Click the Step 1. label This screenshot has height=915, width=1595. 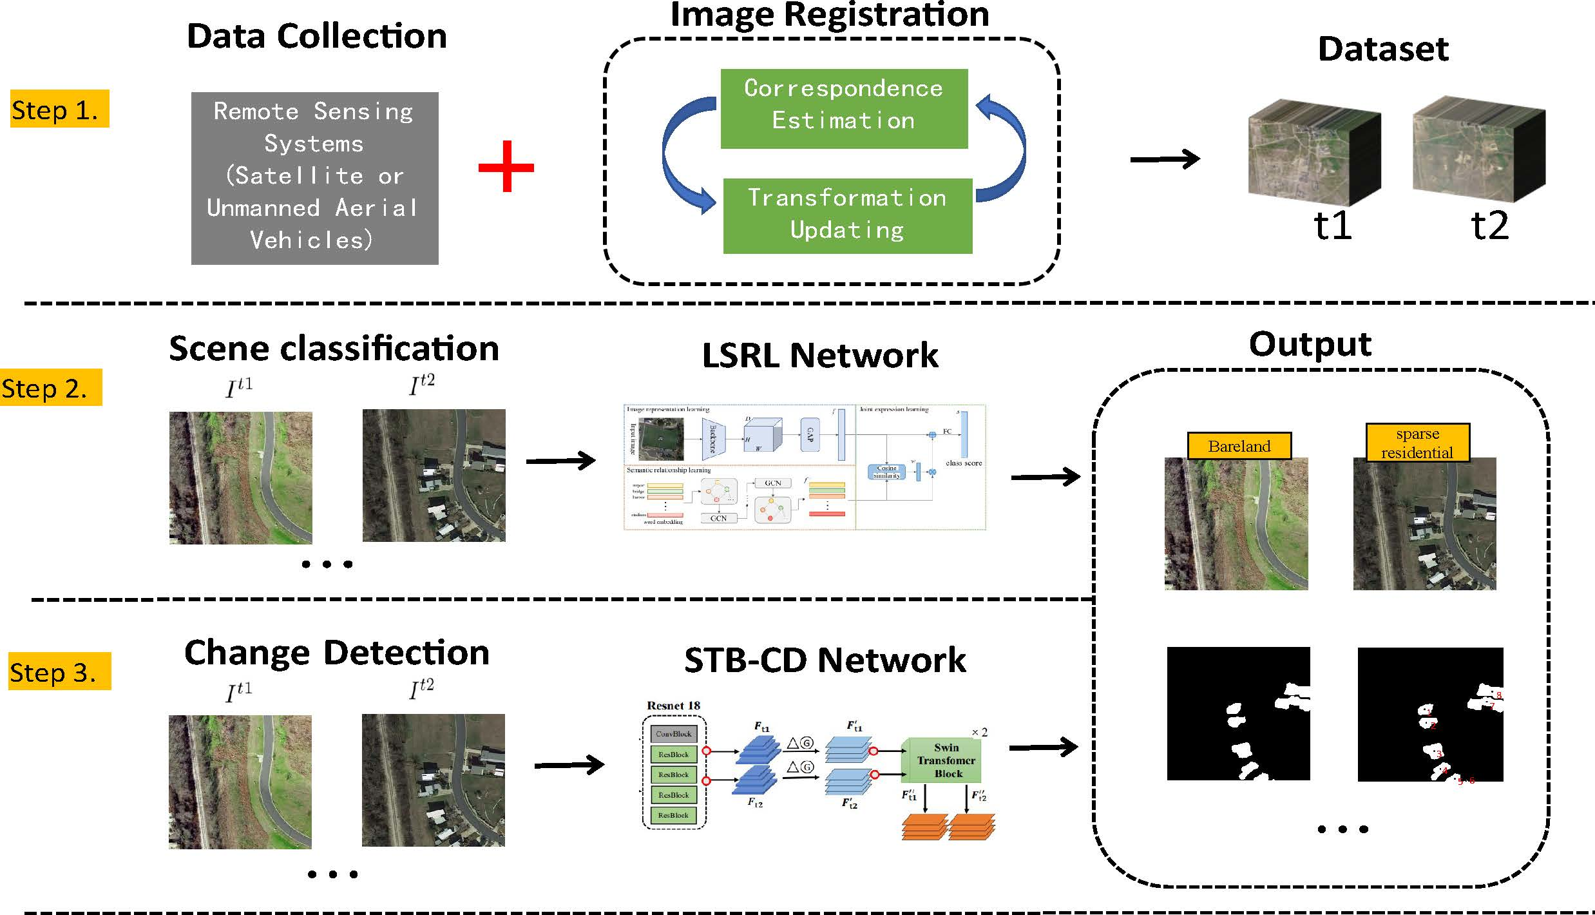tap(59, 109)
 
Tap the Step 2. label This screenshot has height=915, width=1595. tap(50, 387)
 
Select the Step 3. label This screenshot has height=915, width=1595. tap(58, 671)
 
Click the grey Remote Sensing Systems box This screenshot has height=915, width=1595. tap(314, 178)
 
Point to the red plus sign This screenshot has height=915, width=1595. tap(506, 167)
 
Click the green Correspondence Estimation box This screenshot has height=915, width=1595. tap(843, 108)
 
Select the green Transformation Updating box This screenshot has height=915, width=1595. tap(847, 215)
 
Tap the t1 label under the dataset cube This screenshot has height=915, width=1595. tap(1332, 226)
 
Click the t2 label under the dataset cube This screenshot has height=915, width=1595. tap(1489, 226)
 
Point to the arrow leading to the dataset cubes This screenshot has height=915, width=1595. tap(1165, 159)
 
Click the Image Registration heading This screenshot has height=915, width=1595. tap(829, 15)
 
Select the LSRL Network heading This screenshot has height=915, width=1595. tap(819, 355)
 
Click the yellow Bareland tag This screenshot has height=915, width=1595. tap(1239, 446)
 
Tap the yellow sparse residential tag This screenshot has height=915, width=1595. tap(1417, 443)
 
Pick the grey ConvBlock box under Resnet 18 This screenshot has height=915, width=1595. tap(673, 733)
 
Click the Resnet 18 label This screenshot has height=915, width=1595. tap(673, 706)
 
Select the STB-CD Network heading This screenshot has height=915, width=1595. tap(825, 660)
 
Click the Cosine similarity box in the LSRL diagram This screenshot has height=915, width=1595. tap(886, 472)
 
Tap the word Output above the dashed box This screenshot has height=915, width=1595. tap(1310, 344)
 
